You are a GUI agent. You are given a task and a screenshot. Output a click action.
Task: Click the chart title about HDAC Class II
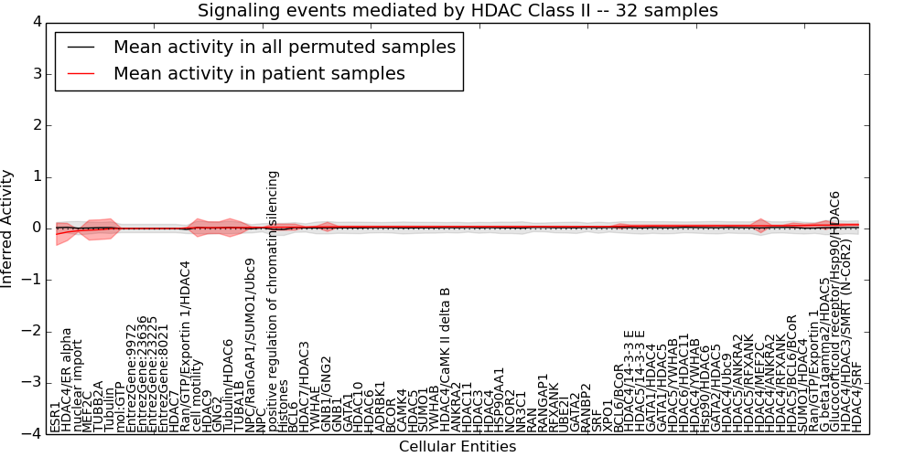click(x=457, y=11)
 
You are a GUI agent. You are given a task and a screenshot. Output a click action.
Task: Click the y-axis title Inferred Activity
click(x=8, y=228)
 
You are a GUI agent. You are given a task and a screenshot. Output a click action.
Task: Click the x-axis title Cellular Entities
click(x=457, y=447)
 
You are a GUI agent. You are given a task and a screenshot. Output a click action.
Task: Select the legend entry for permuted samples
click(x=284, y=48)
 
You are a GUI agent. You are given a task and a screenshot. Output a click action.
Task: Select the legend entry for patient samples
click(x=259, y=73)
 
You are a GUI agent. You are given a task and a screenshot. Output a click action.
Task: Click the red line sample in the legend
click(x=81, y=73)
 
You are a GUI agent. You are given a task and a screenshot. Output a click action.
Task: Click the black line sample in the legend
click(x=81, y=48)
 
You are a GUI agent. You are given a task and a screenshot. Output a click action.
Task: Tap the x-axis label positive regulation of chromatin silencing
click(x=272, y=302)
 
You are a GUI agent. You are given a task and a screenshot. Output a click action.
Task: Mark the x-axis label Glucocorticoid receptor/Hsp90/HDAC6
click(x=834, y=312)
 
